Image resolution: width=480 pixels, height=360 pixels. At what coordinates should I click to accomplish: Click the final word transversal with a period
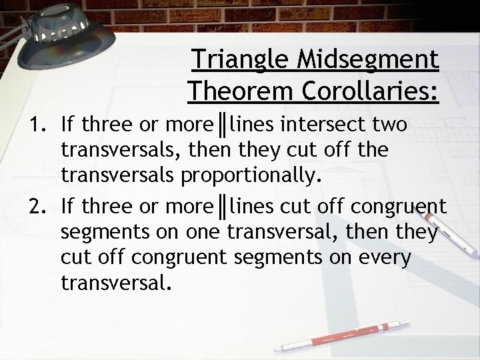coord(116,285)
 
